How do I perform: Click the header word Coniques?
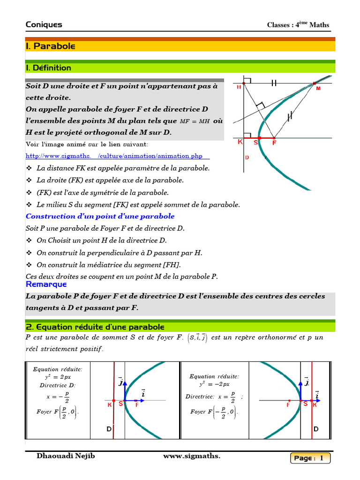[44, 25]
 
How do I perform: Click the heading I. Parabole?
[51, 46]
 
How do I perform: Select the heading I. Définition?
[49, 68]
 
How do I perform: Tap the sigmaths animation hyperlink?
[117, 156]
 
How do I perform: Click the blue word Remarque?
[46, 284]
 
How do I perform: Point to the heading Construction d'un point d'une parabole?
[100, 216]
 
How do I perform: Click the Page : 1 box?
[310, 458]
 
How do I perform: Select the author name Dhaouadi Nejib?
[66, 456]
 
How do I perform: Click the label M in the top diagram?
[318, 88]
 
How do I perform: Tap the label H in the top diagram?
[239, 87]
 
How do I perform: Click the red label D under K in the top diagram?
[247, 157]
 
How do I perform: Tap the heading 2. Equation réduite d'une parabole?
[95, 327]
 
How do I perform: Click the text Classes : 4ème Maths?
[298, 25]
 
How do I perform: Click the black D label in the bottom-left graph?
[109, 429]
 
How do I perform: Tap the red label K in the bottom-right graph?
[315, 405]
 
